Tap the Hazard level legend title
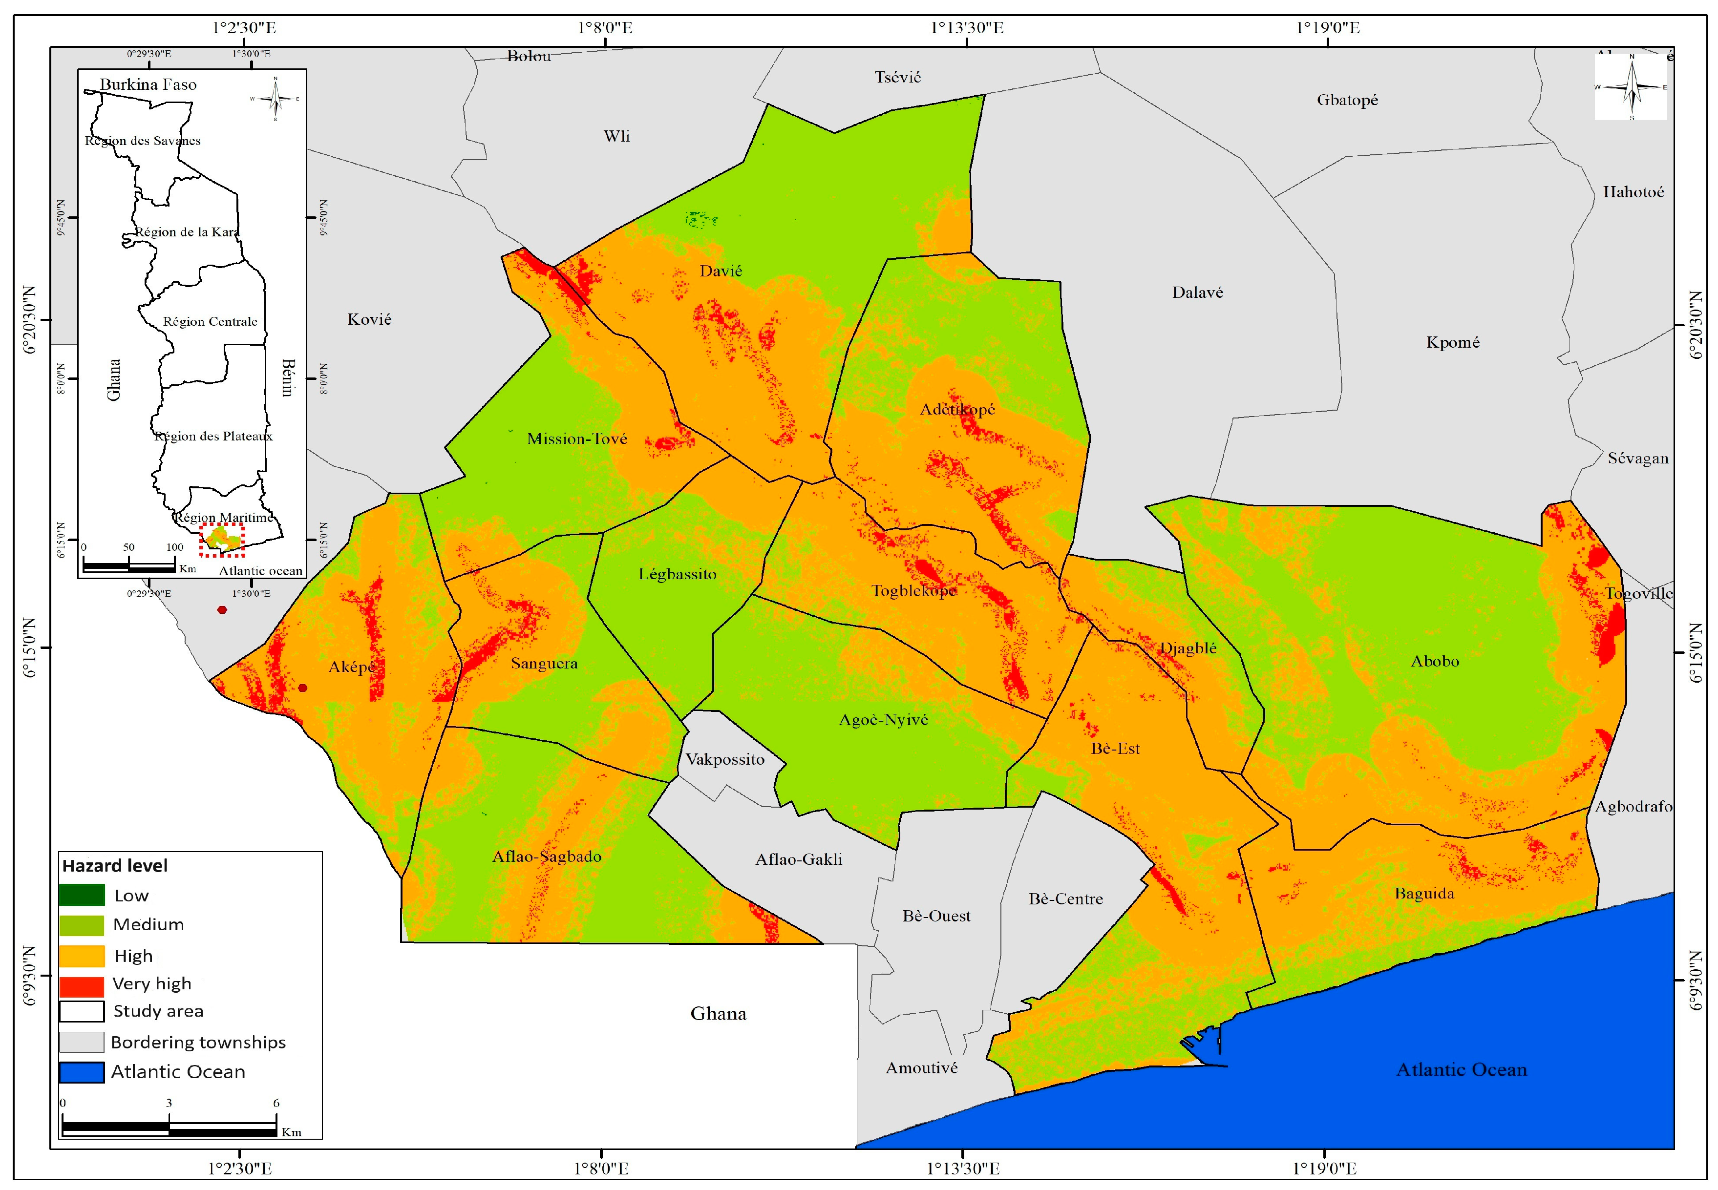point(115,866)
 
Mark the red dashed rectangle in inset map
point(221,540)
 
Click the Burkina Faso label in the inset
point(148,85)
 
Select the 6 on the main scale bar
point(276,1103)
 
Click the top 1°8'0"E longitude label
point(605,28)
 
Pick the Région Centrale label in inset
point(210,321)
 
